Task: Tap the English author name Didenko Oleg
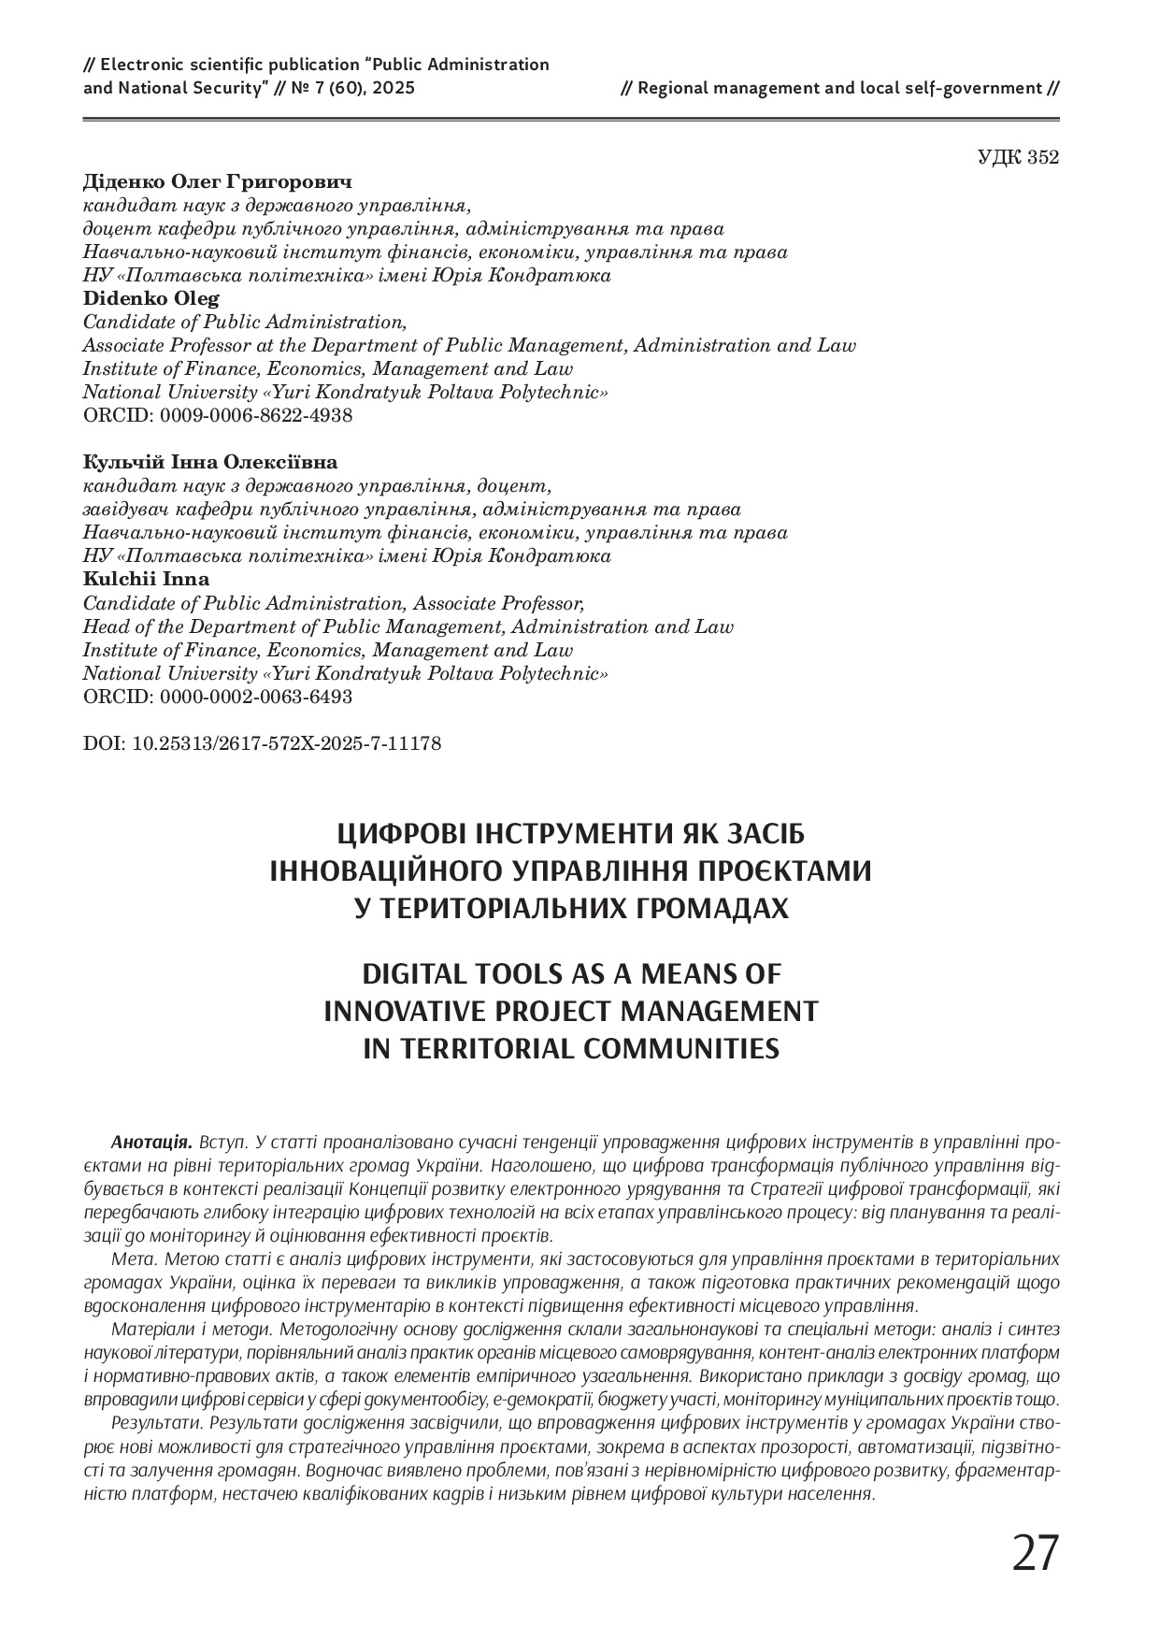tap(151, 298)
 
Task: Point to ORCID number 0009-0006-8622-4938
tap(256, 416)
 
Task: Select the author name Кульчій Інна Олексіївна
tap(210, 463)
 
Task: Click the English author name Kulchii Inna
tap(147, 580)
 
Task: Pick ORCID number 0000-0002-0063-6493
tap(256, 698)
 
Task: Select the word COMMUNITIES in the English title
tap(681, 1048)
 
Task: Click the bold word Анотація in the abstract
tap(150, 1143)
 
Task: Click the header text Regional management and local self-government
tap(839, 89)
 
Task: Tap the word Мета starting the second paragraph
tap(132, 1259)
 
